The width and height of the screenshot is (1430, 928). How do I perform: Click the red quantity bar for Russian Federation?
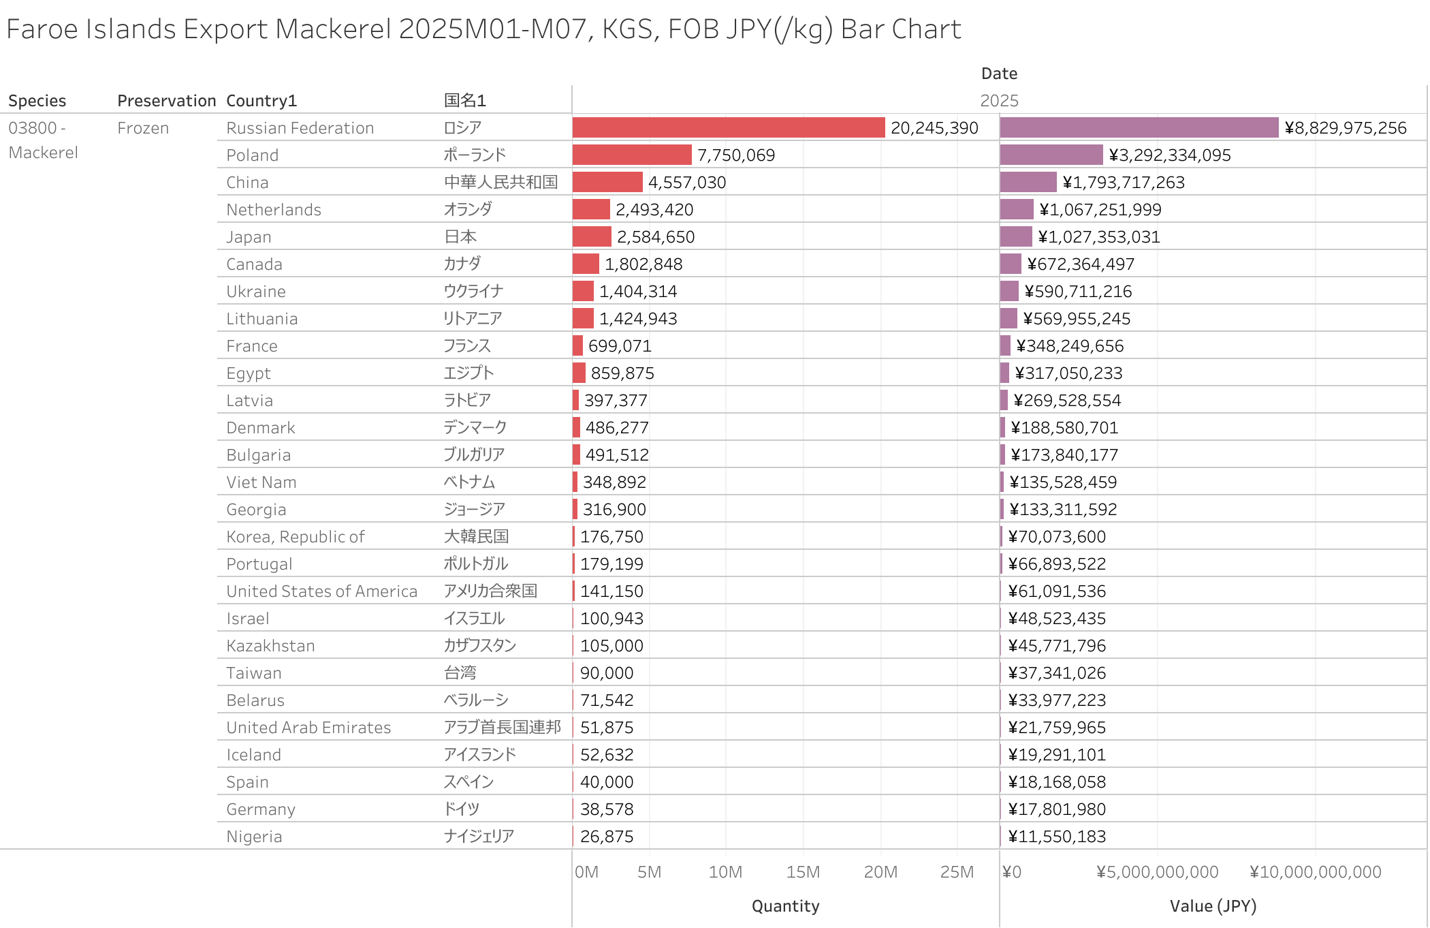(728, 127)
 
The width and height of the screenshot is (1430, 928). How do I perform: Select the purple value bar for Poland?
(1051, 155)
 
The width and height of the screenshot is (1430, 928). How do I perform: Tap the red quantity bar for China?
(607, 182)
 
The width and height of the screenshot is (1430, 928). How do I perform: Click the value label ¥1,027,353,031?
(1098, 236)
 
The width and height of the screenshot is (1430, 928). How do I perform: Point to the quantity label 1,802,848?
(643, 264)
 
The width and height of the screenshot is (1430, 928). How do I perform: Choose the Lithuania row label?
(261, 318)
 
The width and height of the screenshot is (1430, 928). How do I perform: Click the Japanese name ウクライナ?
(473, 291)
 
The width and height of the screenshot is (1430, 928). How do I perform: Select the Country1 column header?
(261, 101)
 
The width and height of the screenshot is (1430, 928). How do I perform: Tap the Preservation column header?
(166, 101)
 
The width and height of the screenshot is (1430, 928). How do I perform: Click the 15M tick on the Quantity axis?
(803, 871)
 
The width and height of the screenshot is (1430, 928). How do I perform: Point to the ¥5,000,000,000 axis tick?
(1157, 871)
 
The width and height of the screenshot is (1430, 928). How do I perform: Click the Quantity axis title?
(785, 906)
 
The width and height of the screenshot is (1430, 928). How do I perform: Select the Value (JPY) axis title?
(1213, 906)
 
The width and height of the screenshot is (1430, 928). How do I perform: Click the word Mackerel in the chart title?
(333, 29)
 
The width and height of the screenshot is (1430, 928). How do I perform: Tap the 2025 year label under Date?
(999, 101)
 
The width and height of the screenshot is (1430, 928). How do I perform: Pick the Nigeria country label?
(254, 836)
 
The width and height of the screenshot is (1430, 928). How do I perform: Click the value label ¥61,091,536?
(1057, 591)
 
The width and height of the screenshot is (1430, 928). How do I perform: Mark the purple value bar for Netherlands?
(1017, 209)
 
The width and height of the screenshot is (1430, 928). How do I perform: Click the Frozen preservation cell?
(143, 128)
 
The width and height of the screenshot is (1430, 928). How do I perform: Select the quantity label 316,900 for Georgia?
(614, 509)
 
